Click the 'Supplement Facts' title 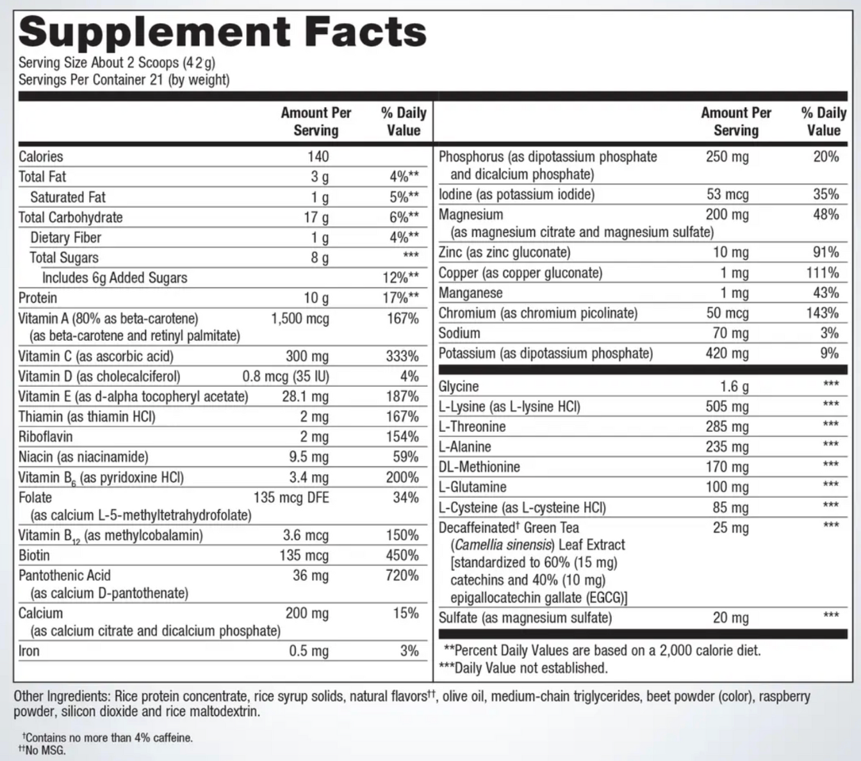pos(222,32)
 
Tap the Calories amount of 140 pos(318,156)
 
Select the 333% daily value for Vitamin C pos(402,356)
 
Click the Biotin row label pos(34,555)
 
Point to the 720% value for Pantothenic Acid pos(402,575)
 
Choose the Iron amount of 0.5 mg pos(309,651)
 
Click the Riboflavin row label pos(45,437)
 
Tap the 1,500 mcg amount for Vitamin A pos(300,318)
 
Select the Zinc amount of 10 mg pos(730,252)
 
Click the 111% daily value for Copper pos(823,273)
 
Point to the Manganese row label pos(470,293)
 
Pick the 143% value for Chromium pos(823,313)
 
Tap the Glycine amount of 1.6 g pos(734,386)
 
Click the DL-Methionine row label pos(479,467)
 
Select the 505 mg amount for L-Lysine pos(727,407)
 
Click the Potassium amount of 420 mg pos(727,354)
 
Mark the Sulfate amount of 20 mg pos(730,618)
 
